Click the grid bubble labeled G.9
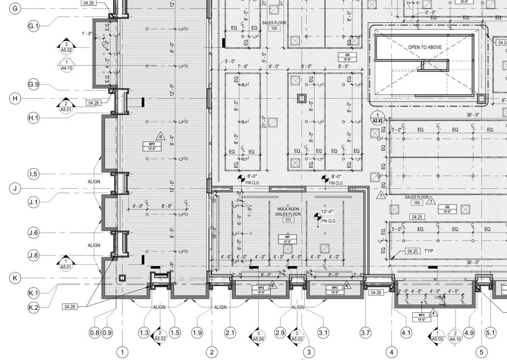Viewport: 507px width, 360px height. (34, 85)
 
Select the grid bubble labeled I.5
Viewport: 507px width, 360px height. (34, 174)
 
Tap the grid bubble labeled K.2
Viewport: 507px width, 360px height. (34, 307)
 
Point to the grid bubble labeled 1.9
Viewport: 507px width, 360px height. (197, 333)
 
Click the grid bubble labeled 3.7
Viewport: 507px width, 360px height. (366, 333)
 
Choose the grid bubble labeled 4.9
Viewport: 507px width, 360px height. (469, 333)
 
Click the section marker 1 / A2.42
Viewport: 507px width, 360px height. (377, 117)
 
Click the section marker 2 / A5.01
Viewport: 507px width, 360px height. (66, 107)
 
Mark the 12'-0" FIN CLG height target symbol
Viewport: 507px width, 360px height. (318, 215)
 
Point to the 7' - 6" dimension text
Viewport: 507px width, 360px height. (243, 66)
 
